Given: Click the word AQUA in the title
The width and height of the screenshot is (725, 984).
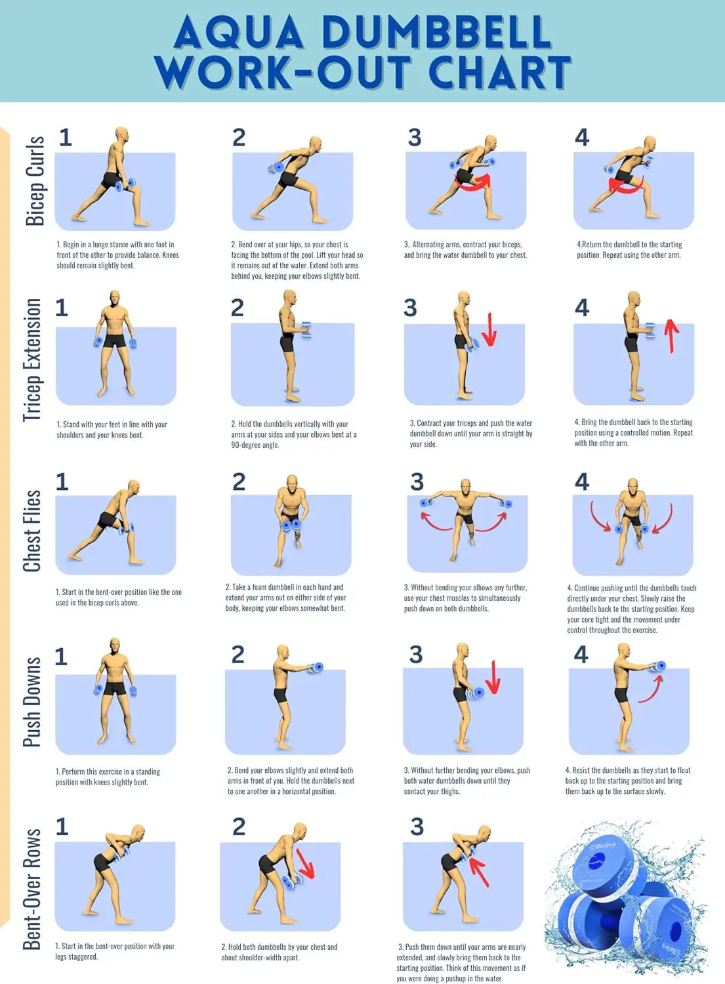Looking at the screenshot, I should [x=238, y=32].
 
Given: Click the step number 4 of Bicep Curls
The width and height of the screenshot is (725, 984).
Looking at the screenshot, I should [x=582, y=138].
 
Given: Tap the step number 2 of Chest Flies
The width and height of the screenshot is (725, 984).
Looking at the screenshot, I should [x=239, y=482].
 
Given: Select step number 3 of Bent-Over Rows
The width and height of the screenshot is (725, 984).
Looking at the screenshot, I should [x=417, y=827].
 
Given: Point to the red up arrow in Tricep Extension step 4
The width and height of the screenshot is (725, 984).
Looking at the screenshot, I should [x=670, y=335].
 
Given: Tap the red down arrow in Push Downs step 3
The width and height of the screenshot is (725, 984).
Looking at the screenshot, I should [x=493, y=678].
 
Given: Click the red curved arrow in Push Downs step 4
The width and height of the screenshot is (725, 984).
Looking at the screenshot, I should [x=651, y=689].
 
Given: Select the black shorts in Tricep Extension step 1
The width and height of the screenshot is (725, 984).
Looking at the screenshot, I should [x=115, y=342].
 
